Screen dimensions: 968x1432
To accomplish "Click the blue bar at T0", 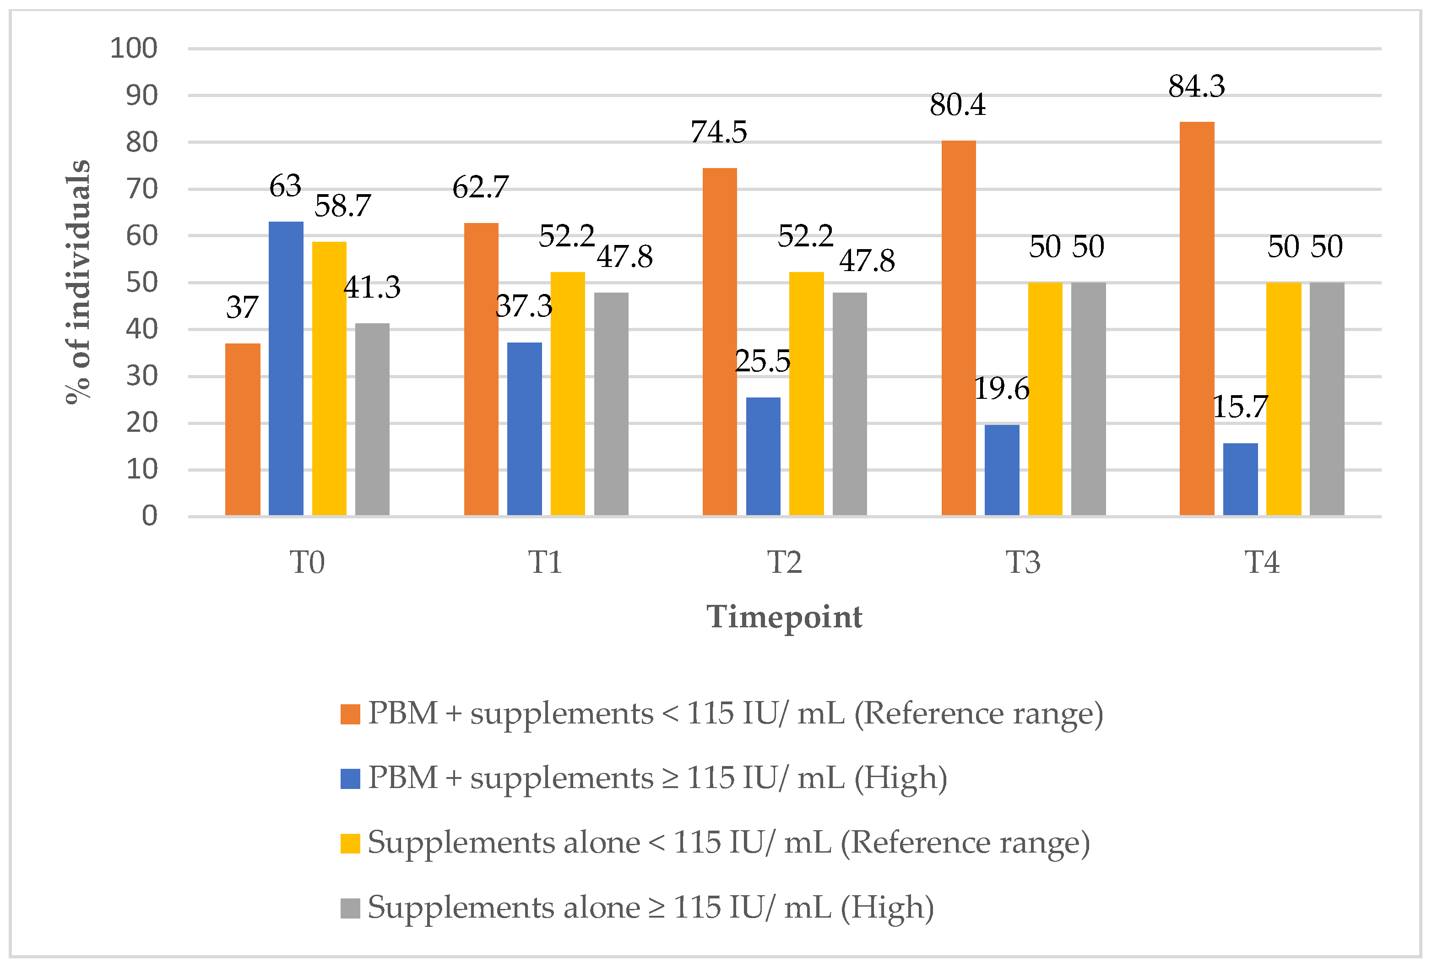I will coord(286,369).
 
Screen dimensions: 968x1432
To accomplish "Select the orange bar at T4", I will coord(1197,319).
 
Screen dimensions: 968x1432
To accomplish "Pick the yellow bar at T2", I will coord(806,393).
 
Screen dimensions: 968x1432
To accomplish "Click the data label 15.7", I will coord(1240,407).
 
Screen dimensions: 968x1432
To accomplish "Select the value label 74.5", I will coord(718,132).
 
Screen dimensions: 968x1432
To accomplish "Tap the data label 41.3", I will coord(372,287).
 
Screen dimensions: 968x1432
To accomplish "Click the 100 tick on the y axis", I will coord(134,48).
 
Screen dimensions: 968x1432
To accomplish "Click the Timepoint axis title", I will coord(784,617).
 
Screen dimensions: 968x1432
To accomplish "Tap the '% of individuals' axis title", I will coord(78,282).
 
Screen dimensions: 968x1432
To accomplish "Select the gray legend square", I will coord(350,908).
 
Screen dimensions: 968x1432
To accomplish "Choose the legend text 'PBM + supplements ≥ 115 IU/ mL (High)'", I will coord(657,778).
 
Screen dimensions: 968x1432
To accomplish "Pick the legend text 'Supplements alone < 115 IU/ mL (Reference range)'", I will coord(728,843).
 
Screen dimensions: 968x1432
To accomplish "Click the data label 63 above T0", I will coord(285,186).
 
